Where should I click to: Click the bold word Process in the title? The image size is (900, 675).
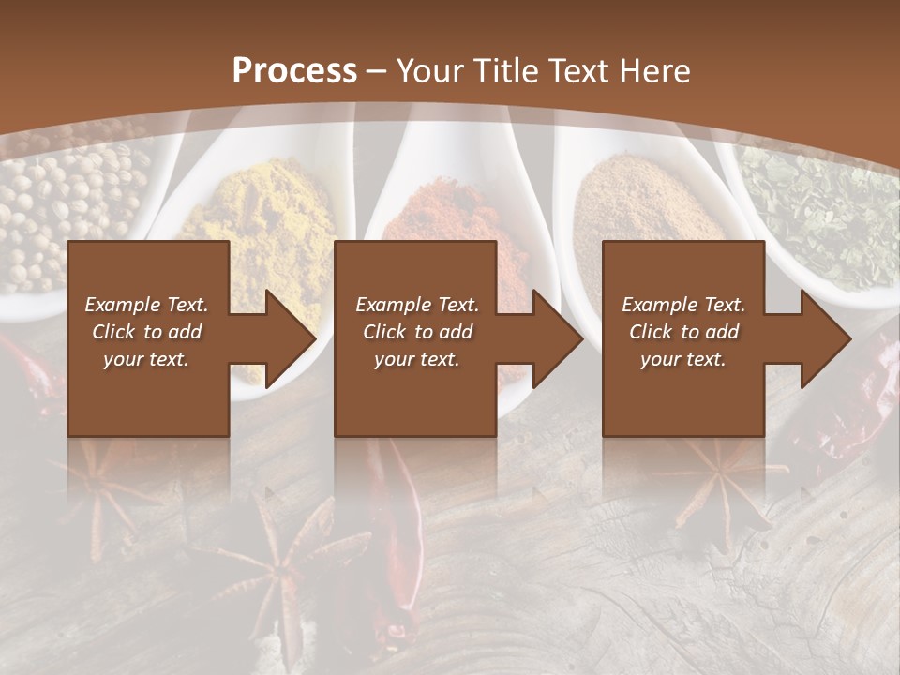(294, 71)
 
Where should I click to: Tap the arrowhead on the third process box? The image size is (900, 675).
(825, 338)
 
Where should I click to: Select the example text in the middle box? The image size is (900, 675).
(416, 332)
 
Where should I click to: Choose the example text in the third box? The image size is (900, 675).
(682, 332)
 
